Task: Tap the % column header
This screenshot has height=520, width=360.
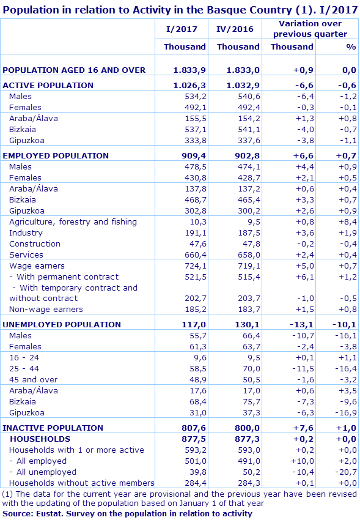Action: (350, 46)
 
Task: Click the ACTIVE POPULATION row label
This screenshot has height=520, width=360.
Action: (48, 85)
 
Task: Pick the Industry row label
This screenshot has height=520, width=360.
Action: (26, 232)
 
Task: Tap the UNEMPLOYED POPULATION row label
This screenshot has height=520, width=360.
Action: (62, 324)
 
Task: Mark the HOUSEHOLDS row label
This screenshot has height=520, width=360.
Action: (40, 439)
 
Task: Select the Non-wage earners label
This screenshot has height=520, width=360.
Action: (46, 309)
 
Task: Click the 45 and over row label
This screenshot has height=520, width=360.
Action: (34, 379)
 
